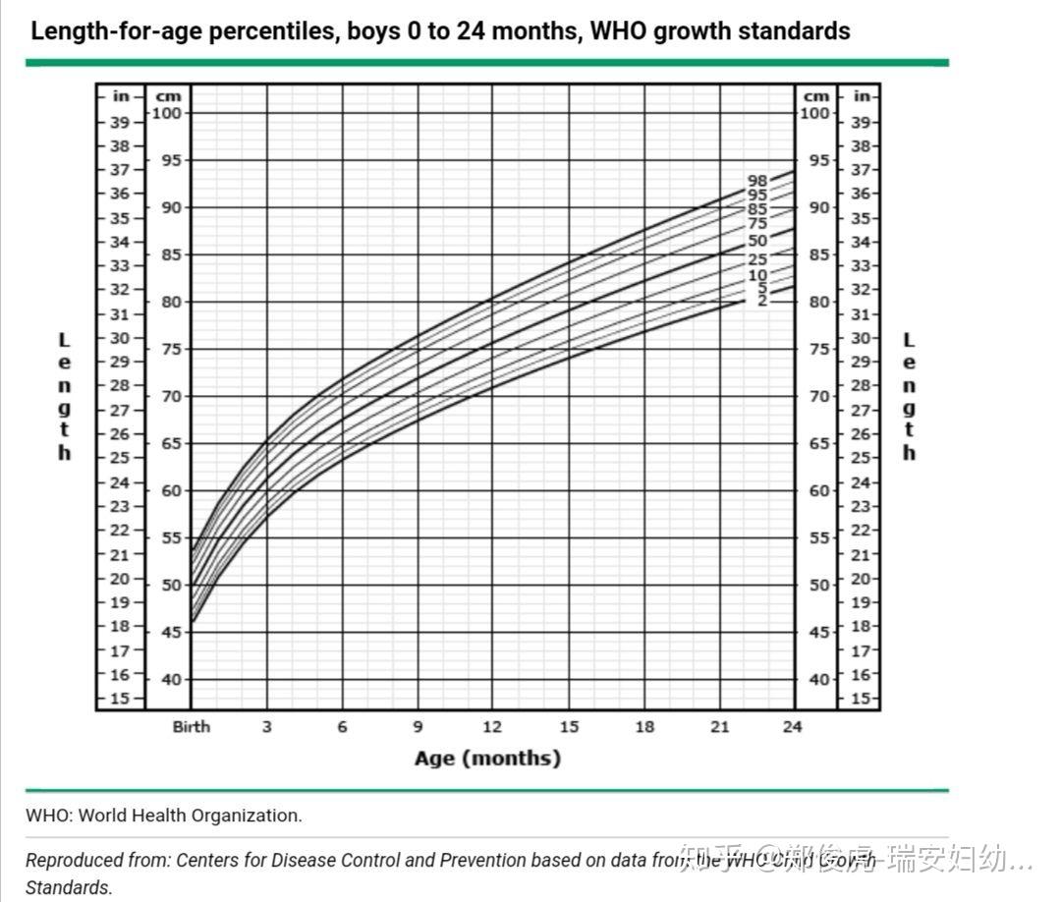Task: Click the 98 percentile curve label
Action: (x=756, y=181)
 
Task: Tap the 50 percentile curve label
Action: (x=756, y=241)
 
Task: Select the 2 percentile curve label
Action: (x=761, y=301)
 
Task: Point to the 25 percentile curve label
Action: (x=756, y=259)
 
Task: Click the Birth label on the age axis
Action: (x=192, y=727)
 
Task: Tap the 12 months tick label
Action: (x=492, y=727)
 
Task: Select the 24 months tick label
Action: (x=792, y=727)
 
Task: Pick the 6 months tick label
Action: (x=342, y=727)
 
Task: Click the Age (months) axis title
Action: (x=487, y=759)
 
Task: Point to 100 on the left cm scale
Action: (x=168, y=113)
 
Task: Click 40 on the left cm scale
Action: (x=171, y=680)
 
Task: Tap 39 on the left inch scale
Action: (x=119, y=123)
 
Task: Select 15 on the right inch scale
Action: (x=861, y=699)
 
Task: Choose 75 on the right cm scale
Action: (x=816, y=349)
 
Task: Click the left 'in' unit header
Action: (x=121, y=96)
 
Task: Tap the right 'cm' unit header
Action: (x=816, y=96)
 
